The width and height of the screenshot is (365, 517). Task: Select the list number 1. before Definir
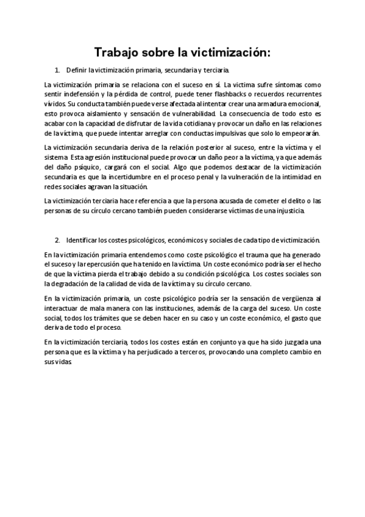coord(57,71)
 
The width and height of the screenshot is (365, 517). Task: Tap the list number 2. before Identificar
coord(57,239)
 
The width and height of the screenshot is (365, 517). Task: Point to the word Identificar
coord(83,239)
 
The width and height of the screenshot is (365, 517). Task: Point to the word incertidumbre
coord(127,176)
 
